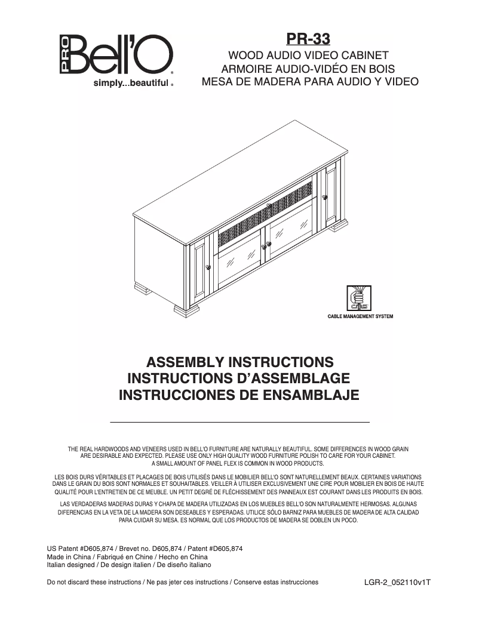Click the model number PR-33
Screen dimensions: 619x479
coord(308,38)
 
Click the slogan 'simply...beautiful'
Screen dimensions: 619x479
coord(130,84)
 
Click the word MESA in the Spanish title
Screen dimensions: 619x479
coord(217,81)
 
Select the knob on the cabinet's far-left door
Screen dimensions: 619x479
coord(208,267)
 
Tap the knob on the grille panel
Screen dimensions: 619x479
coord(269,207)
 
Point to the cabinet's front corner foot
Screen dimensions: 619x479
coord(186,310)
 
